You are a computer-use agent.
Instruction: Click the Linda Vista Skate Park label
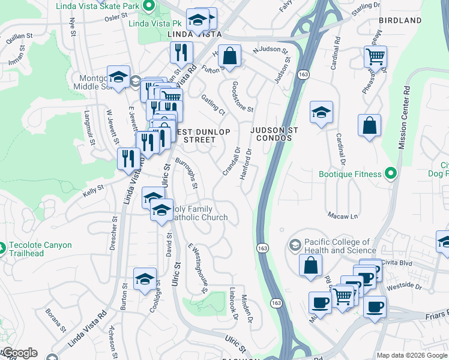[97, 7]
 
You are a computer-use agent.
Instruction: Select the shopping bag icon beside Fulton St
[229, 57]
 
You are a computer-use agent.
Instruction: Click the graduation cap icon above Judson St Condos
[322, 112]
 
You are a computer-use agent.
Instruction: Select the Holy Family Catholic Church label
[199, 213]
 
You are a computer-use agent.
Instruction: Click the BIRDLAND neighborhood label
[400, 20]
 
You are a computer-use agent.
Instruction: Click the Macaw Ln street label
[343, 215]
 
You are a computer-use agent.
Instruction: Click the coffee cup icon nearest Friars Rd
[375, 307]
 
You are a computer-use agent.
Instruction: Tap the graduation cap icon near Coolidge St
[145, 279]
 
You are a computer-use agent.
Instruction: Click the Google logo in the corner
[19, 353]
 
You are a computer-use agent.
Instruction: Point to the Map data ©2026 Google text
[412, 355]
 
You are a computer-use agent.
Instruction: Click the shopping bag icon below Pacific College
[310, 266]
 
